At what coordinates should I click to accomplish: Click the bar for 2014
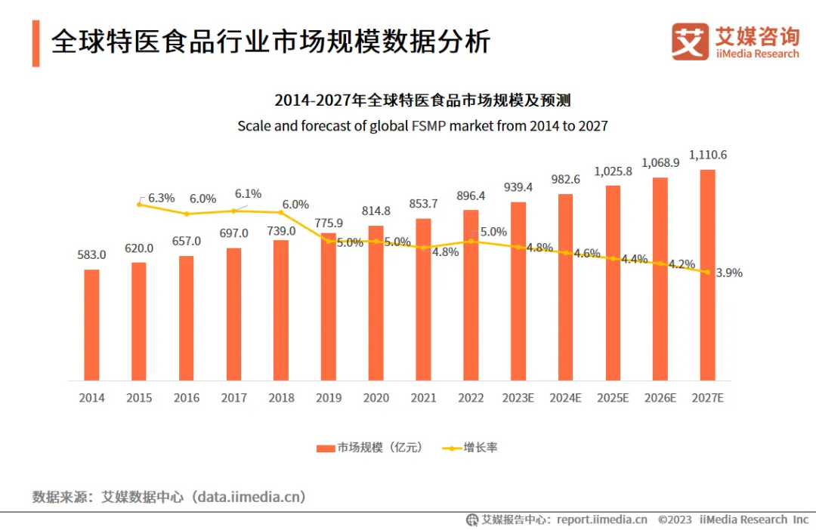click(91, 325)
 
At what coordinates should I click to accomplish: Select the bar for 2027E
click(707, 275)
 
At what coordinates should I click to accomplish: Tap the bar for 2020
click(376, 303)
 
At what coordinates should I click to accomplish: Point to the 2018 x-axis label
click(281, 398)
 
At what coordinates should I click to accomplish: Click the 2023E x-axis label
click(518, 398)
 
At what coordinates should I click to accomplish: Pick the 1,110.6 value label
click(709, 155)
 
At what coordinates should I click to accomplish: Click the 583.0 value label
click(91, 255)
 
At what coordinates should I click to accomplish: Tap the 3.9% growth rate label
click(728, 273)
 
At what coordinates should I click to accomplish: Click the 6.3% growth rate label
click(161, 198)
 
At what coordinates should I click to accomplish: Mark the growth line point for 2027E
click(707, 273)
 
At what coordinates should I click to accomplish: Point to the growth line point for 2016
click(187, 214)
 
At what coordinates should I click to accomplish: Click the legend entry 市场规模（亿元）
click(369, 448)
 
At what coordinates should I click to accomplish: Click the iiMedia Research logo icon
click(690, 42)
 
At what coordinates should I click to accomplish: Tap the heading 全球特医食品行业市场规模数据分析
click(270, 42)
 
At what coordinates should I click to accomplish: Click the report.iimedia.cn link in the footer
click(601, 519)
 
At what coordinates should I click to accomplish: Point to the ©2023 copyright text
click(675, 519)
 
